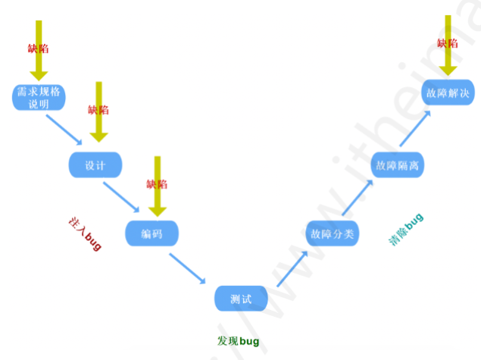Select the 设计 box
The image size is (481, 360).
95,165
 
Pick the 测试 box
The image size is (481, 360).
241,299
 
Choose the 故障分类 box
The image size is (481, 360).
331,233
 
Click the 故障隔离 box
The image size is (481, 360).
397,165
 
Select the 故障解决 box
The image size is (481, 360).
448,94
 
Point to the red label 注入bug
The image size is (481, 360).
85,233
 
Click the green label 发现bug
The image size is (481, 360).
238,341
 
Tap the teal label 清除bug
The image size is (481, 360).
406,230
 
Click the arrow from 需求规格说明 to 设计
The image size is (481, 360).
66,129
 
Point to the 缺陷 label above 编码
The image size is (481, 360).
157,183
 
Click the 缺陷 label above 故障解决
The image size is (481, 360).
448,42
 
